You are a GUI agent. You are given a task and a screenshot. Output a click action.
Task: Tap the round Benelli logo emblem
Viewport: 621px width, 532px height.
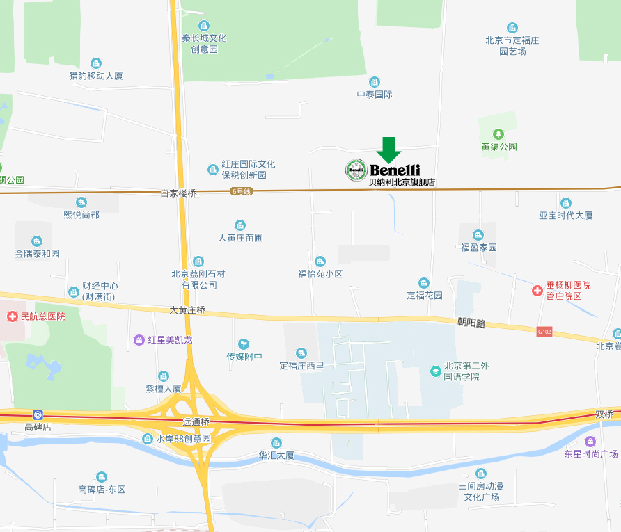tap(356, 170)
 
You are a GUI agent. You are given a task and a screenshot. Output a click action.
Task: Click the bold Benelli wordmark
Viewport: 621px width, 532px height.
tap(395, 170)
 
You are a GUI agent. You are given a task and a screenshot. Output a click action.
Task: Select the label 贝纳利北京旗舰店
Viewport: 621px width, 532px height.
tap(402, 182)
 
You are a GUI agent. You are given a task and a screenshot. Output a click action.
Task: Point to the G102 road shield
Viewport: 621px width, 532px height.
tap(544, 332)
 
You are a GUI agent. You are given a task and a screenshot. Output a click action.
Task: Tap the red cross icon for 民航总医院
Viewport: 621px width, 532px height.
tap(12, 316)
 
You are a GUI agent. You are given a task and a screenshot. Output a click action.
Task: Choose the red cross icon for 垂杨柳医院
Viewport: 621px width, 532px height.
tap(537, 290)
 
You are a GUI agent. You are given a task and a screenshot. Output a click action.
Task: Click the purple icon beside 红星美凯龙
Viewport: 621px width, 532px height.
tap(139, 340)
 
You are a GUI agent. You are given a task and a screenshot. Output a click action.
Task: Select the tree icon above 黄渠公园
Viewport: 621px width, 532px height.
tap(498, 134)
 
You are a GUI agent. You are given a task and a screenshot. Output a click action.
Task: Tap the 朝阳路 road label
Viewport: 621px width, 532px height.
tap(471, 322)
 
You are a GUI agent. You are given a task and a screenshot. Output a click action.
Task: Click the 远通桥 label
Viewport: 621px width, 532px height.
tap(196, 423)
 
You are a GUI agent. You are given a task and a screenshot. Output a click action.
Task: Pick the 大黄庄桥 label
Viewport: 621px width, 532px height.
tap(187, 309)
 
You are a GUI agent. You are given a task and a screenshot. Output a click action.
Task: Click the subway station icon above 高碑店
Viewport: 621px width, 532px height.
tap(38, 414)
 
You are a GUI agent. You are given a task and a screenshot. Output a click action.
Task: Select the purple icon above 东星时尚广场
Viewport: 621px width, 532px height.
tap(590, 441)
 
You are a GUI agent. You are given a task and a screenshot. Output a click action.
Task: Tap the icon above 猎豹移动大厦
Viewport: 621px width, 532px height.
tap(96, 63)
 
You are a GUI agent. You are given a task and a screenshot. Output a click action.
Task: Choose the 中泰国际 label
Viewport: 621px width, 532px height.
tap(375, 94)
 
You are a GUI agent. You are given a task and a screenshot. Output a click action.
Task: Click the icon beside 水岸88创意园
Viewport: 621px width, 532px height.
tap(147, 439)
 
